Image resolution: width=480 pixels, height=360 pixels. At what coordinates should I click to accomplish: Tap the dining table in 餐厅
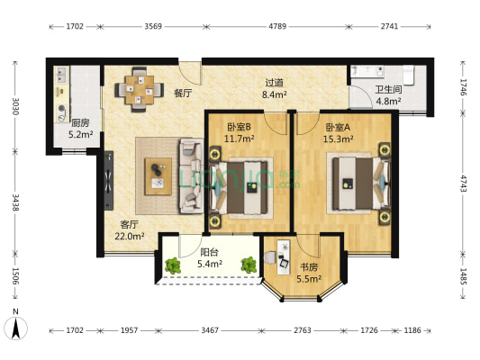tap(140, 90)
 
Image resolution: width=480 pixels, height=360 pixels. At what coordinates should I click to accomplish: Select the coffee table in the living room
tap(158, 176)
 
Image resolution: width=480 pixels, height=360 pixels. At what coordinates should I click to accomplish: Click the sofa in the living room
tap(191, 175)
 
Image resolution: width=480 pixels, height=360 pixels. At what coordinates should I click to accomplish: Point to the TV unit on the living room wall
tap(108, 181)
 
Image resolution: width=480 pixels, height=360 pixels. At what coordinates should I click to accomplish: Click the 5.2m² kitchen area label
tap(80, 134)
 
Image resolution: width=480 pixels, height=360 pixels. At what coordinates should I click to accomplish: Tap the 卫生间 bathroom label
tap(388, 89)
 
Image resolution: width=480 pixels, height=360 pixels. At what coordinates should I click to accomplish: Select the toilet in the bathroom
tap(409, 75)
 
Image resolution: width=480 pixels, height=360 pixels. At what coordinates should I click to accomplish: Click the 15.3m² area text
tap(338, 139)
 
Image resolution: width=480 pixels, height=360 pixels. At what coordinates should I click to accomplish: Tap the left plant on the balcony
tap(173, 265)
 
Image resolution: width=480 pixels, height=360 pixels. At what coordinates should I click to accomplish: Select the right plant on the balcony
tap(249, 265)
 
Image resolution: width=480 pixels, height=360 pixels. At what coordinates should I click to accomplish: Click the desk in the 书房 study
tap(284, 256)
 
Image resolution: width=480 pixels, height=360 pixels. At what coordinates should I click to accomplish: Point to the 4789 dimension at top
tap(277, 26)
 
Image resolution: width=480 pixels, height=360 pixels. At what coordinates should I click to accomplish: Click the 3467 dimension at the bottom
tap(210, 330)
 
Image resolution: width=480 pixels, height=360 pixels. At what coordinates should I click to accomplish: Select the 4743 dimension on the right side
tap(463, 184)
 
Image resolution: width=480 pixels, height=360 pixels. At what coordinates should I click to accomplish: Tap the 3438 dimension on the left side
tap(15, 202)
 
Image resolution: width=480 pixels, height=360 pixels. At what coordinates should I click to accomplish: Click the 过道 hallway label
tap(275, 83)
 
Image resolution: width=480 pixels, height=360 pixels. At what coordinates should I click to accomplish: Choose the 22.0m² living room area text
tap(130, 236)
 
